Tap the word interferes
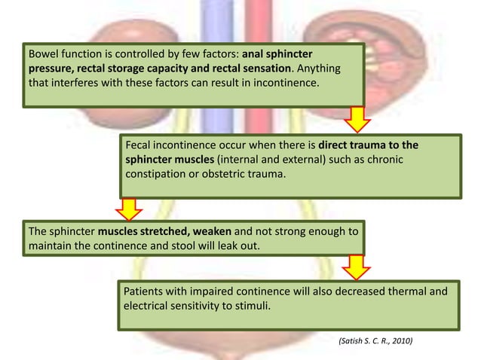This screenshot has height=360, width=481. tap(75, 84)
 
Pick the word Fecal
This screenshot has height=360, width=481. tap(140, 145)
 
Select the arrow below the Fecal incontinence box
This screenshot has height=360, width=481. tap(130, 207)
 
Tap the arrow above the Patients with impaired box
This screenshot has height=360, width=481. tap(356, 267)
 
